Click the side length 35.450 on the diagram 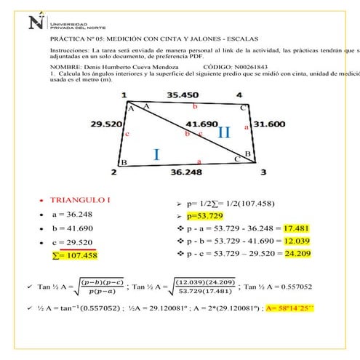(182, 95)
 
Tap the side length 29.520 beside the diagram (105, 124)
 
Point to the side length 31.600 (269, 124)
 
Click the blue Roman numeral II (224, 132)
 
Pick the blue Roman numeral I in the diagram (156, 153)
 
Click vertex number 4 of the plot (239, 95)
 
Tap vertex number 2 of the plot (113, 172)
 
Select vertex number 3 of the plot (263, 172)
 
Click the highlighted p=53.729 (207, 216)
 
